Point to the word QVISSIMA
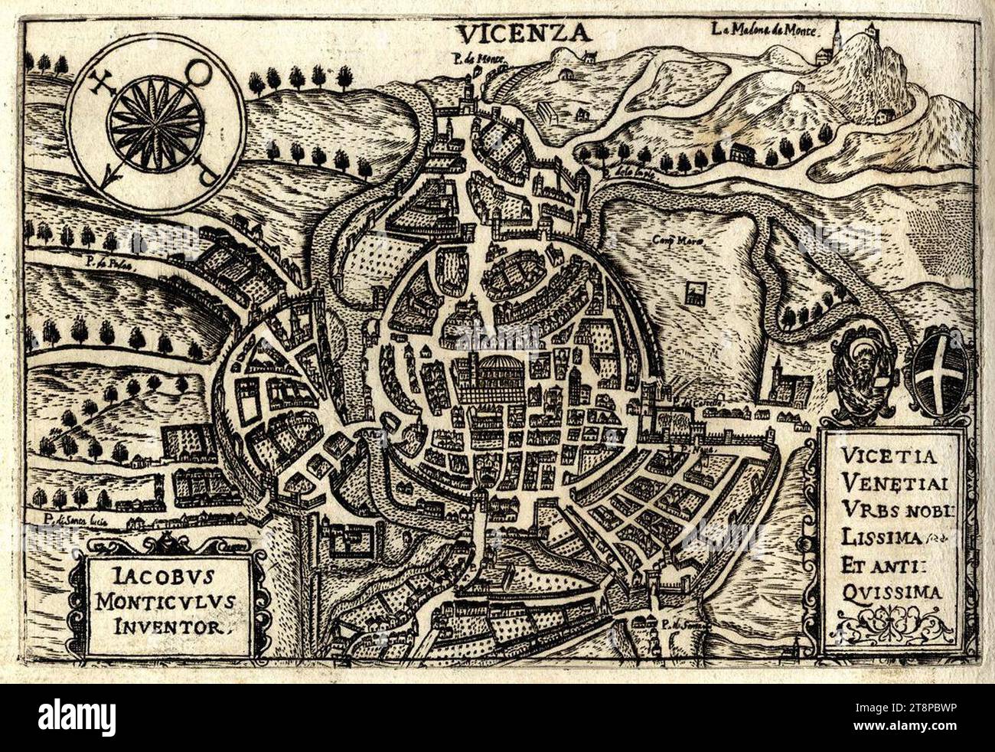888,591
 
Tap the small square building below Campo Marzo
695,293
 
